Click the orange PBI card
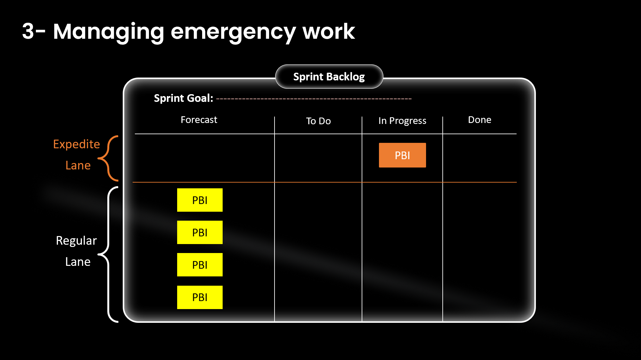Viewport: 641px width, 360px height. [402, 155]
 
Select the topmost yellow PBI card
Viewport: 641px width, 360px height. [200, 200]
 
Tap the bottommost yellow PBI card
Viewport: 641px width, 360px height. [200, 297]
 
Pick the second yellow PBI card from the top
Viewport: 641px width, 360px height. [200, 232]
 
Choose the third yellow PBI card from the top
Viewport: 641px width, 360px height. [200, 265]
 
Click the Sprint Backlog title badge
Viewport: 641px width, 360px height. [329, 77]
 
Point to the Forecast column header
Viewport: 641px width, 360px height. [199, 120]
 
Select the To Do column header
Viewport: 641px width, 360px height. [318, 121]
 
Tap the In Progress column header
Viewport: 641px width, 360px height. [402, 121]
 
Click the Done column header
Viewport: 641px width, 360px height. [479, 120]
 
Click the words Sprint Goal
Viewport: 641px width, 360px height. [183, 98]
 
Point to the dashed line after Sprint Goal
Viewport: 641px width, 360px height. [314, 99]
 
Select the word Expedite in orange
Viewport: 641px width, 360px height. [76, 144]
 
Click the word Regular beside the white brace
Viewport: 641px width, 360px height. [76, 241]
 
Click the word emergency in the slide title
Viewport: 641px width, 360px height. [233, 32]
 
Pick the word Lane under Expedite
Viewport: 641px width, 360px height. [78, 165]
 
